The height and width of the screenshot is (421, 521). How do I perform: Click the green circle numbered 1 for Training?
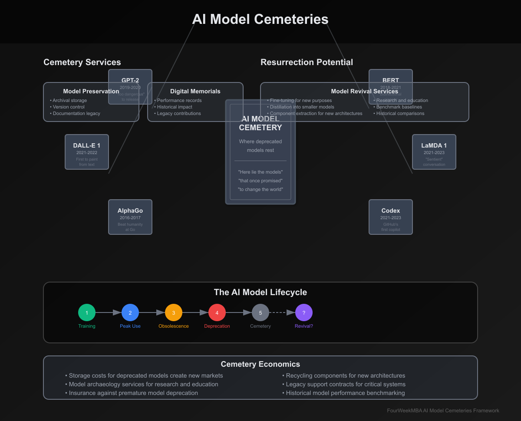click(87, 312)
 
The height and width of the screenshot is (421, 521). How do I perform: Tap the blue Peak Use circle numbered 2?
click(130, 312)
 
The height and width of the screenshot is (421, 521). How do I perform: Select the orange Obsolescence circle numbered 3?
click(174, 312)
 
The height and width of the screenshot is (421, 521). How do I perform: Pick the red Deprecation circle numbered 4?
click(217, 312)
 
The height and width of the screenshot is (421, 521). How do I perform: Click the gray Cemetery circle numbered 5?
click(260, 312)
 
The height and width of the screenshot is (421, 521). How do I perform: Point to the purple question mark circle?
click(304, 312)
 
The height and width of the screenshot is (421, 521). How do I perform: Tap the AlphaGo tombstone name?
click(130, 211)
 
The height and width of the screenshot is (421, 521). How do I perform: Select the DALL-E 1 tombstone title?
click(87, 146)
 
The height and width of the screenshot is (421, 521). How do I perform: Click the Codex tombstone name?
click(391, 211)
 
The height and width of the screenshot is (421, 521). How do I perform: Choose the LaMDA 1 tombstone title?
click(434, 146)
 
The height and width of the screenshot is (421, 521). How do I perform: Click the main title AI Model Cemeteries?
click(260, 20)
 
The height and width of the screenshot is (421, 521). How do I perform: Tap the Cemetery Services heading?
click(82, 62)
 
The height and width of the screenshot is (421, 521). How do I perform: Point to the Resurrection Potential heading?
click(307, 62)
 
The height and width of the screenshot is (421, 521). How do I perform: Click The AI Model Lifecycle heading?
click(260, 293)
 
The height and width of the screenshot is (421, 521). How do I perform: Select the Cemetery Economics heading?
click(260, 365)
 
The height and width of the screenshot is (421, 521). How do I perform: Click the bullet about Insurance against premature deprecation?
click(133, 393)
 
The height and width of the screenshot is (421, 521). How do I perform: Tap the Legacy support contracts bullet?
click(345, 385)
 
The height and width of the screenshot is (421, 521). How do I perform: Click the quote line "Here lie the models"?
click(260, 172)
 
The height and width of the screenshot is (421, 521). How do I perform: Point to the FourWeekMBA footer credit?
click(443, 411)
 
